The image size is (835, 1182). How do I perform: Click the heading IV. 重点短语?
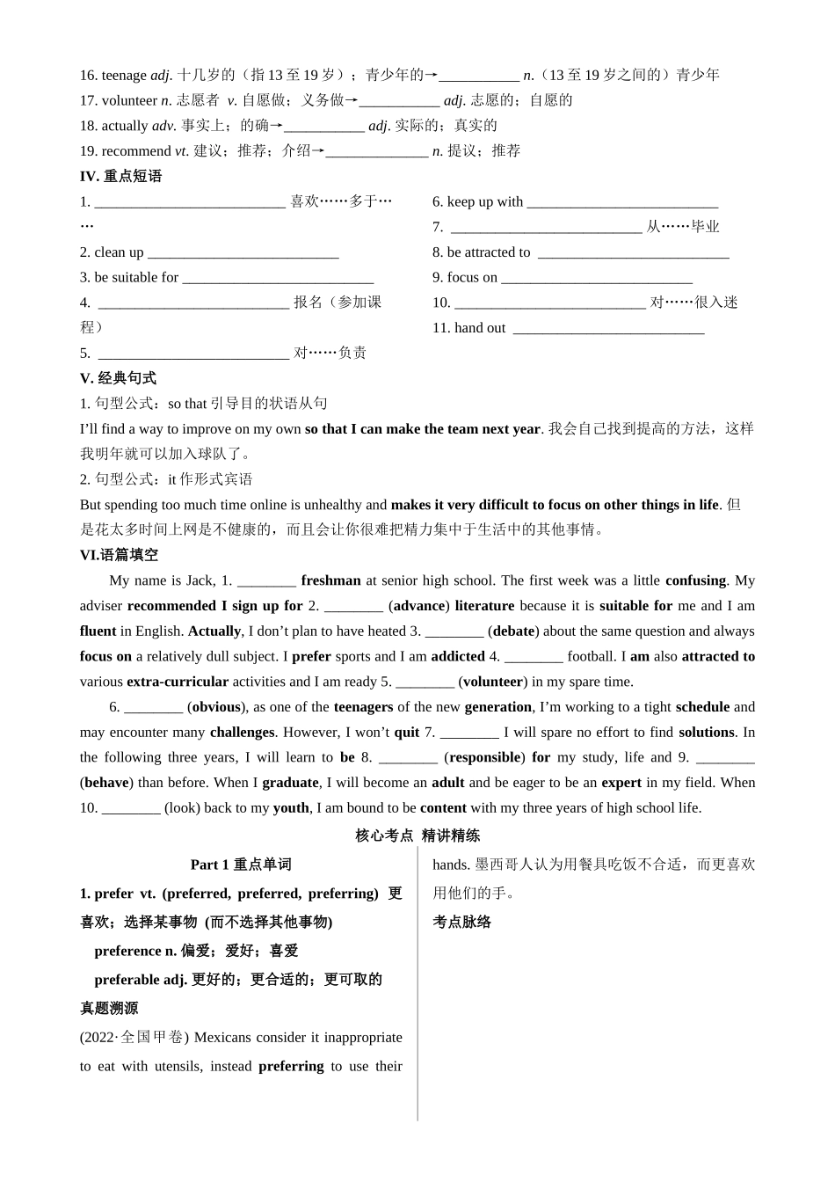point(120,176)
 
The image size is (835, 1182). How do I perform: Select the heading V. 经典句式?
point(118,378)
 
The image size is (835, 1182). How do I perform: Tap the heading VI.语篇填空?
point(119,555)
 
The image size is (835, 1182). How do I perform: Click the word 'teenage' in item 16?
point(124,76)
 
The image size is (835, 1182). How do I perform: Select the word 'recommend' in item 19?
point(136,151)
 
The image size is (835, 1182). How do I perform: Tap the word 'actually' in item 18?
point(125,126)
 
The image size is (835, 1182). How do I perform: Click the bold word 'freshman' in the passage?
point(330,580)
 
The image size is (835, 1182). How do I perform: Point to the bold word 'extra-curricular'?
point(178,682)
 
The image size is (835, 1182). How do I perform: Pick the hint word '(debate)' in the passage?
point(514,631)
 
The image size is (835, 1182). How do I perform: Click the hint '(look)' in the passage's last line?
point(182,808)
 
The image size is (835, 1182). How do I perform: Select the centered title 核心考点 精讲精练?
point(417,835)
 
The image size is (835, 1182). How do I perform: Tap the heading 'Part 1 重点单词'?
point(241,865)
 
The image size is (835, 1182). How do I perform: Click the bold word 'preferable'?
point(127,980)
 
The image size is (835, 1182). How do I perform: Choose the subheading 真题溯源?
point(109,1009)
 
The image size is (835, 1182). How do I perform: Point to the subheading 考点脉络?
point(461,923)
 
